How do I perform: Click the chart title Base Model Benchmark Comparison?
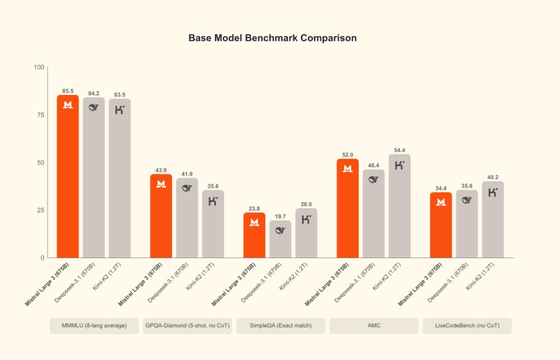(272, 38)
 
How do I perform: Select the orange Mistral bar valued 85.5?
(68, 176)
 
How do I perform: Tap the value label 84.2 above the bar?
(94, 93)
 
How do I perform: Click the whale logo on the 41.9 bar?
(187, 188)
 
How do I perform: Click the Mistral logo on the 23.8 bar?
(255, 222)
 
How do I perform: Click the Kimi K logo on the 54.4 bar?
(400, 166)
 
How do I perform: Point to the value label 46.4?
(374, 166)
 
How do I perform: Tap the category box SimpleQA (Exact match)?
(280, 325)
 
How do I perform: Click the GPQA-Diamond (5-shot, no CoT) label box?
(187, 325)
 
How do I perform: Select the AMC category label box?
(373, 325)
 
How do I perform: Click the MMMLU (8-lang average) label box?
(94, 325)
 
